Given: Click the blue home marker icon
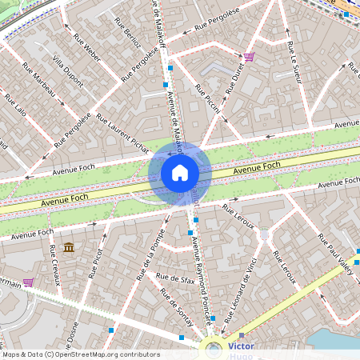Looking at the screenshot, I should [x=180, y=172].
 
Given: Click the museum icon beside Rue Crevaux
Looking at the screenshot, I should [x=68, y=248].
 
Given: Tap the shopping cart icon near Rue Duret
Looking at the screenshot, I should [x=250, y=57].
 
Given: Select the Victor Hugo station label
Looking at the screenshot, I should [x=241, y=350].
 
